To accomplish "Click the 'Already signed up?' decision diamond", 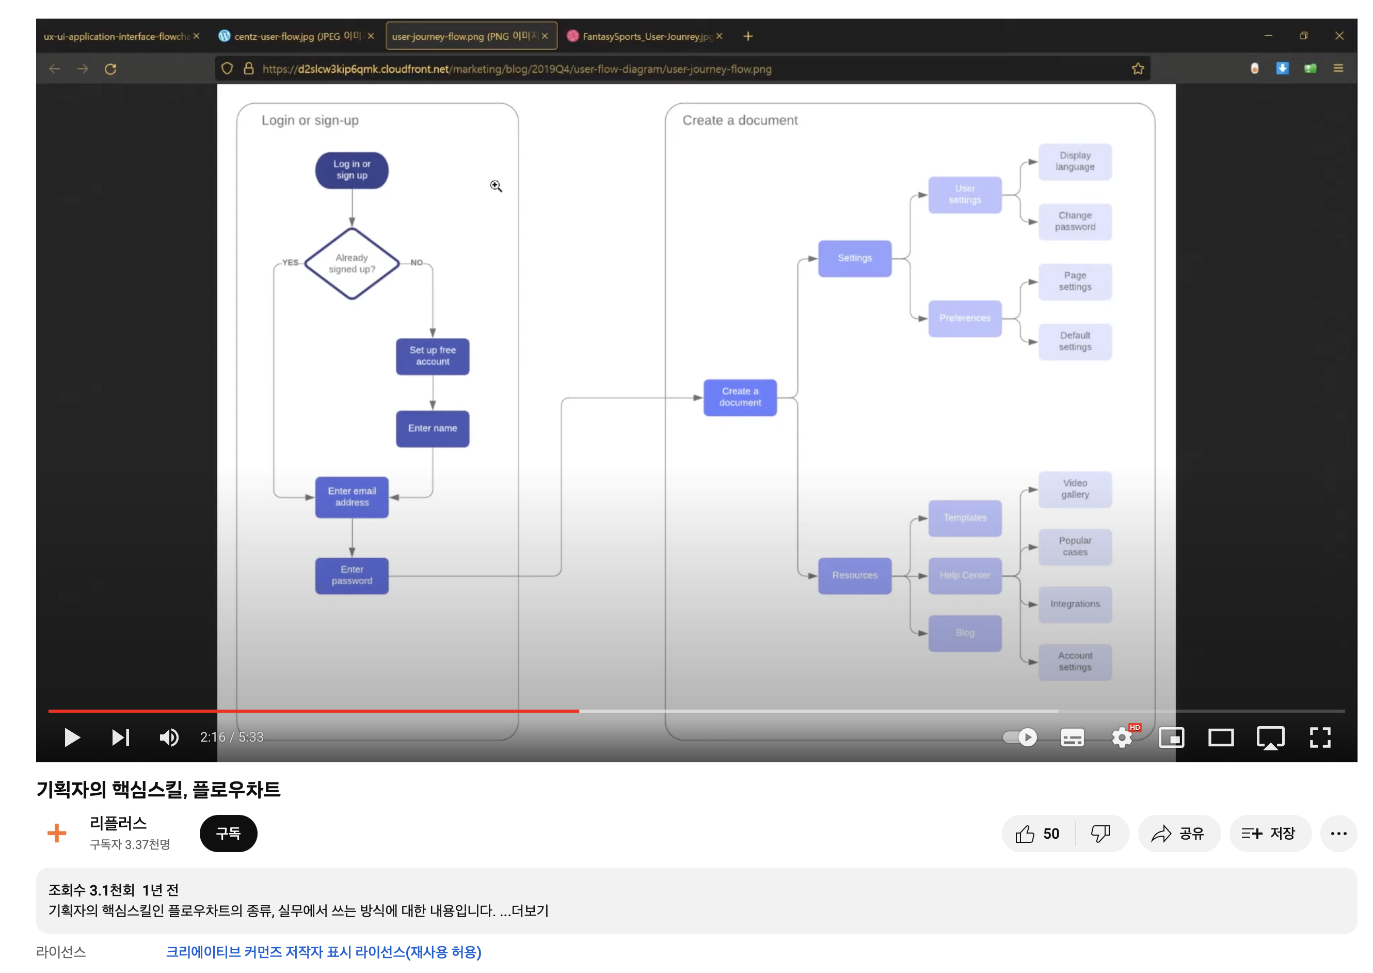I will (x=352, y=263).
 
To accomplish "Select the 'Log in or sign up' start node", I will (x=352, y=170).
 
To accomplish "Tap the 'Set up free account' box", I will (x=433, y=356).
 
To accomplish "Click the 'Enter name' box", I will (x=433, y=428).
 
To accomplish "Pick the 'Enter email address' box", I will (x=352, y=497).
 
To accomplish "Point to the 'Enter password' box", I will (x=352, y=575).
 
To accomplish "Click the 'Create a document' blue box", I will (x=740, y=397).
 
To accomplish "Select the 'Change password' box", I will (x=1074, y=221).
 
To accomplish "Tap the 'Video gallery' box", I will (x=1074, y=489).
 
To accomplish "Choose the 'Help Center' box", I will (x=964, y=575).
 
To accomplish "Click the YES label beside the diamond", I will (x=291, y=262).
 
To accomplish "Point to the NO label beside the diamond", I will (x=416, y=262).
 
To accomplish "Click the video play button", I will (x=72, y=737).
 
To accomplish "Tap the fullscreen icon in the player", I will (x=1319, y=737).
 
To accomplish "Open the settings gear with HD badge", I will (x=1122, y=737).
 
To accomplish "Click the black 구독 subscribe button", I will (x=228, y=833).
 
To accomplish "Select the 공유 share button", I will (x=1178, y=833).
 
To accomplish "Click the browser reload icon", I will (x=110, y=69).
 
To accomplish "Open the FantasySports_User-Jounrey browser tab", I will (x=644, y=37).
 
